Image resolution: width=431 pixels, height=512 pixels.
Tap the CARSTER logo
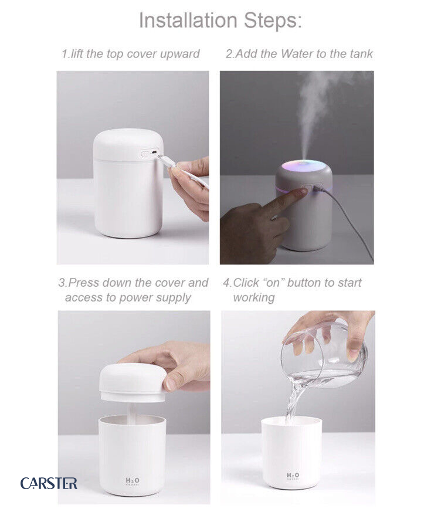pyautogui.click(x=49, y=483)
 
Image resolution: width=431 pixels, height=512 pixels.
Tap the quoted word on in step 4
pyautogui.click(x=273, y=283)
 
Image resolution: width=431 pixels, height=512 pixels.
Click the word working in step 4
pyautogui.click(x=253, y=298)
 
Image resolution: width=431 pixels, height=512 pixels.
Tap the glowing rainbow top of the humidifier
pyautogui.click(x=303, y=165)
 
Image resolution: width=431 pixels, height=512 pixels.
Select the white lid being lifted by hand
pyautogui.click(x=132, y=382)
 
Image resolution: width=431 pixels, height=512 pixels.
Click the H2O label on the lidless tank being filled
pyautogui.click(x=293, y=476)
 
